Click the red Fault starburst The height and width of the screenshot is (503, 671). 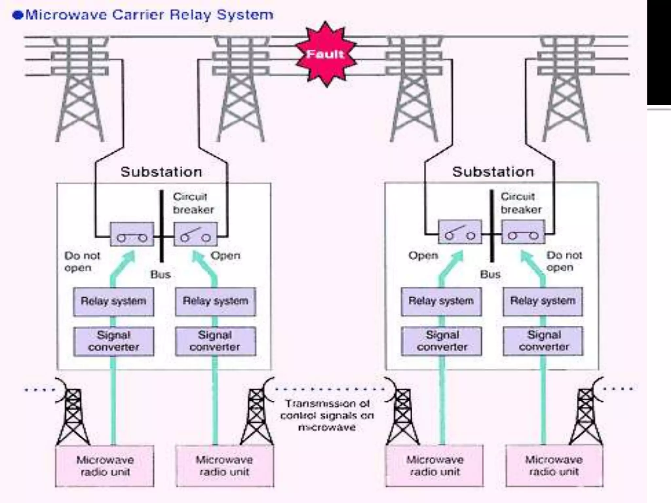326,54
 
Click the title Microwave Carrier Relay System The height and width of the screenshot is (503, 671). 149,15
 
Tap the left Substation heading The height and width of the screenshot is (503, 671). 161,172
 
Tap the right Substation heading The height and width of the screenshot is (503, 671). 493,172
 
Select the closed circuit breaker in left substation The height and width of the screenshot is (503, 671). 132,234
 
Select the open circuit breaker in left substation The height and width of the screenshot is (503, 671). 195,234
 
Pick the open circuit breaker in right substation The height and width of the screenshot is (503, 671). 460,232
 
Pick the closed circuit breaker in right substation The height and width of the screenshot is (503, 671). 523,232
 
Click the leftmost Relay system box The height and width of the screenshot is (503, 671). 113,302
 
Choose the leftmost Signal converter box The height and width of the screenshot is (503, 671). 113,341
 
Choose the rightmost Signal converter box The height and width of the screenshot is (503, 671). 543,341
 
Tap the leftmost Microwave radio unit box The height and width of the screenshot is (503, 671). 105,466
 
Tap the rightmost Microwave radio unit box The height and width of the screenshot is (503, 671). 554,465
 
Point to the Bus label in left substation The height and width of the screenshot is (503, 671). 161,274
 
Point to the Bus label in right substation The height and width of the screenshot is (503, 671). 490,274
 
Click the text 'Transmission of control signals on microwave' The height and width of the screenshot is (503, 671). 327,415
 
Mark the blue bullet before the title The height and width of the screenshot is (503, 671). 18,15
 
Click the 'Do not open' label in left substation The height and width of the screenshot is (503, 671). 82,262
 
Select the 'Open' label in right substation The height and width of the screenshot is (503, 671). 423,255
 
